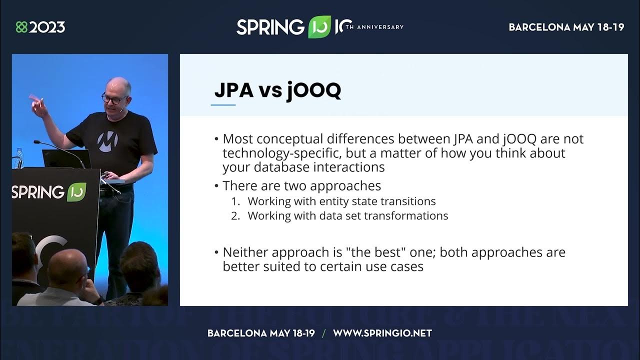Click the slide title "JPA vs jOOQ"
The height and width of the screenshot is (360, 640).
pos(277,90)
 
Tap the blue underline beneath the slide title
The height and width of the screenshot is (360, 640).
pos(223,105)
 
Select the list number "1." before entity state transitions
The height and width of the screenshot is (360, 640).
pos(235,201)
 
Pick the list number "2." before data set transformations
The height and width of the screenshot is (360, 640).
pos(235,215)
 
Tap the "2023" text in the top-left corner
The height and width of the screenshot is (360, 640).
pos(47,27)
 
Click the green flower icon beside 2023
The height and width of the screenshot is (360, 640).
pos(21,27)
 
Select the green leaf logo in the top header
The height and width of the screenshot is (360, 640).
pos(319,27)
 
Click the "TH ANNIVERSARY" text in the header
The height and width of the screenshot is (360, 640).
pos(374,27)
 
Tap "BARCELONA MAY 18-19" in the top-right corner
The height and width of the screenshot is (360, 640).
pos(566,27)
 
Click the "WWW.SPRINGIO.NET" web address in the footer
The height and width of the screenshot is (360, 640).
pos(382,333)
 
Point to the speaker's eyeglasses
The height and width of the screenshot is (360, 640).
pos(114,99)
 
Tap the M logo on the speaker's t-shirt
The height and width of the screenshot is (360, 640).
pos(107,141)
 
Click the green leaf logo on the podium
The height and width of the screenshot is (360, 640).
pos(76,191)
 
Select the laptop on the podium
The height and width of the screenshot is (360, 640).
pos(66,159)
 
